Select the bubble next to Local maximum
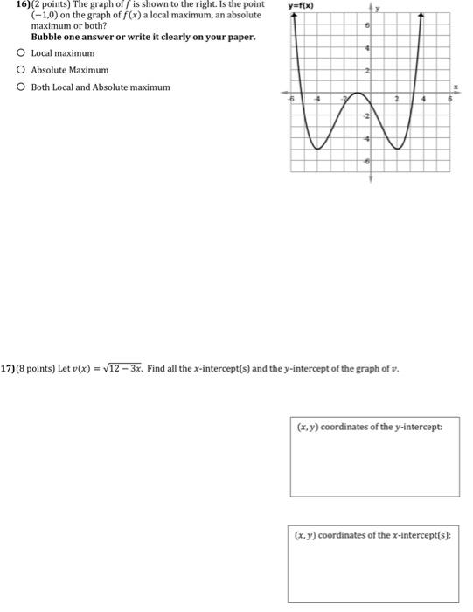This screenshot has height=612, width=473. (x=19, y=53)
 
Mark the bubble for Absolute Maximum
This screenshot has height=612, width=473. (x=19, y=70)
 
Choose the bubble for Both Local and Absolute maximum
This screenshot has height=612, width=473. (x=19, y=87)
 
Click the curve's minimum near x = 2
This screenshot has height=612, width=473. (x=399, y=149)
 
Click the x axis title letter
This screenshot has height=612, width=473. (x=453, y=86)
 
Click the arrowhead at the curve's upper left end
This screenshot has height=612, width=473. (x=294, y=17)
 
